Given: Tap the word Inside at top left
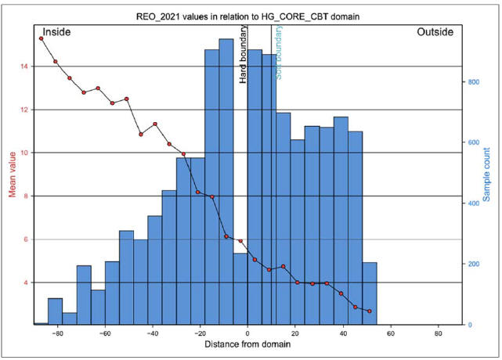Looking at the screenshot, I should [x=56, y=33].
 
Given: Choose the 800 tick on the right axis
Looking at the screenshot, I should [x=473, y=81].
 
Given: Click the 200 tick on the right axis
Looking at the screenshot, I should [x=473, y=264].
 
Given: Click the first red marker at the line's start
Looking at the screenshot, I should [x=41, y=38].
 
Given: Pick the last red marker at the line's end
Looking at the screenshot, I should [x=369, y=311].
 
